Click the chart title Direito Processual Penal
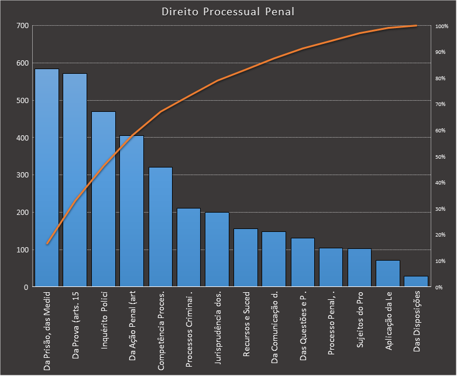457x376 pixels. [228, 12]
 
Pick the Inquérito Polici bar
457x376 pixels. [104, 199]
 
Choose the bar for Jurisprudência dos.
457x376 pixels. [217, 249]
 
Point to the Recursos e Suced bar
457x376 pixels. [246, 258]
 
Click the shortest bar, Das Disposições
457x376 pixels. [416, 282]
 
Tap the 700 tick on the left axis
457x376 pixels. [23, 26]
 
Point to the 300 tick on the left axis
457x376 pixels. [23, 175]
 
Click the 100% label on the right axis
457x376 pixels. [442, 26]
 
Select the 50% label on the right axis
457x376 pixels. [441, 157]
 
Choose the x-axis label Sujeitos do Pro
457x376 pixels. [359, 320]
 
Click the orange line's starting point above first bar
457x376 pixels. [47, 244]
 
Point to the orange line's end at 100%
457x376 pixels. [416, 26]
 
